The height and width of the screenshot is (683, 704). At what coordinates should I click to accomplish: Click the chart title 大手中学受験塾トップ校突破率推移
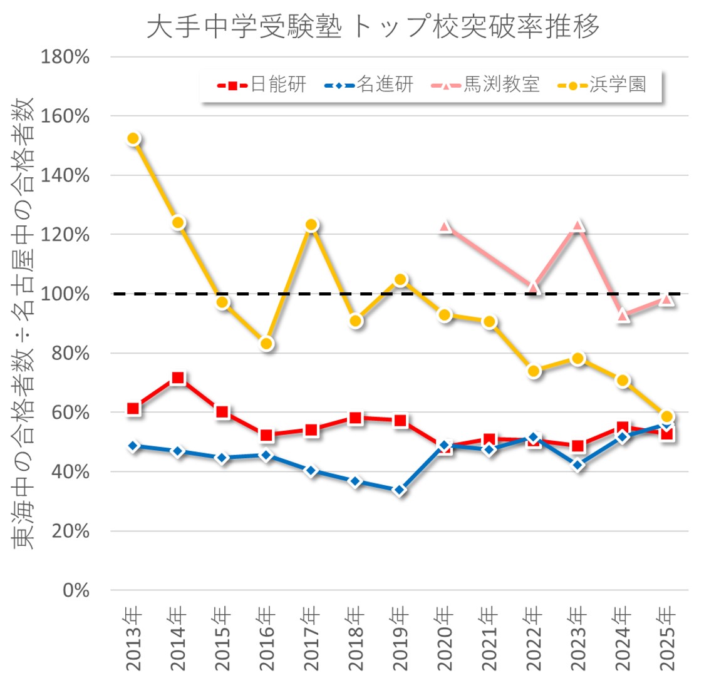[373, 26]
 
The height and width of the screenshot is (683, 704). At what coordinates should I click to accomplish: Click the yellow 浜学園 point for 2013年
[133, 139]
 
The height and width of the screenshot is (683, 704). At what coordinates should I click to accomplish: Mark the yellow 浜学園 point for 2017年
[311, 225]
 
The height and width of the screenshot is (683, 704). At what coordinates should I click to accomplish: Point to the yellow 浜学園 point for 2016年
[267, 344]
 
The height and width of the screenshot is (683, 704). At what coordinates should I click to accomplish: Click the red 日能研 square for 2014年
[178, 378]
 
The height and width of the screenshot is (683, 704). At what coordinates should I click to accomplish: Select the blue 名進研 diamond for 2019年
[400, 490]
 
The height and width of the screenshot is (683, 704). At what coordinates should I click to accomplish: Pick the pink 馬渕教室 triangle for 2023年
[578, 226]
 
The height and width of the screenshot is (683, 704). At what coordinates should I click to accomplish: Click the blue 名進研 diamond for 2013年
[133, 446]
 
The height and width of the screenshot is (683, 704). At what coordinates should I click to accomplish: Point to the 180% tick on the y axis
[65, 57]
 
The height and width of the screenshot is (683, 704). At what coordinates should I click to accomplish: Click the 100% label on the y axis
[65, 294]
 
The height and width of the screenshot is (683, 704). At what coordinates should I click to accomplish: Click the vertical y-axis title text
[24, 322]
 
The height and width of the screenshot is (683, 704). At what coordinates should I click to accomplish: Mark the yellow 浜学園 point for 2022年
[534, 371]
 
